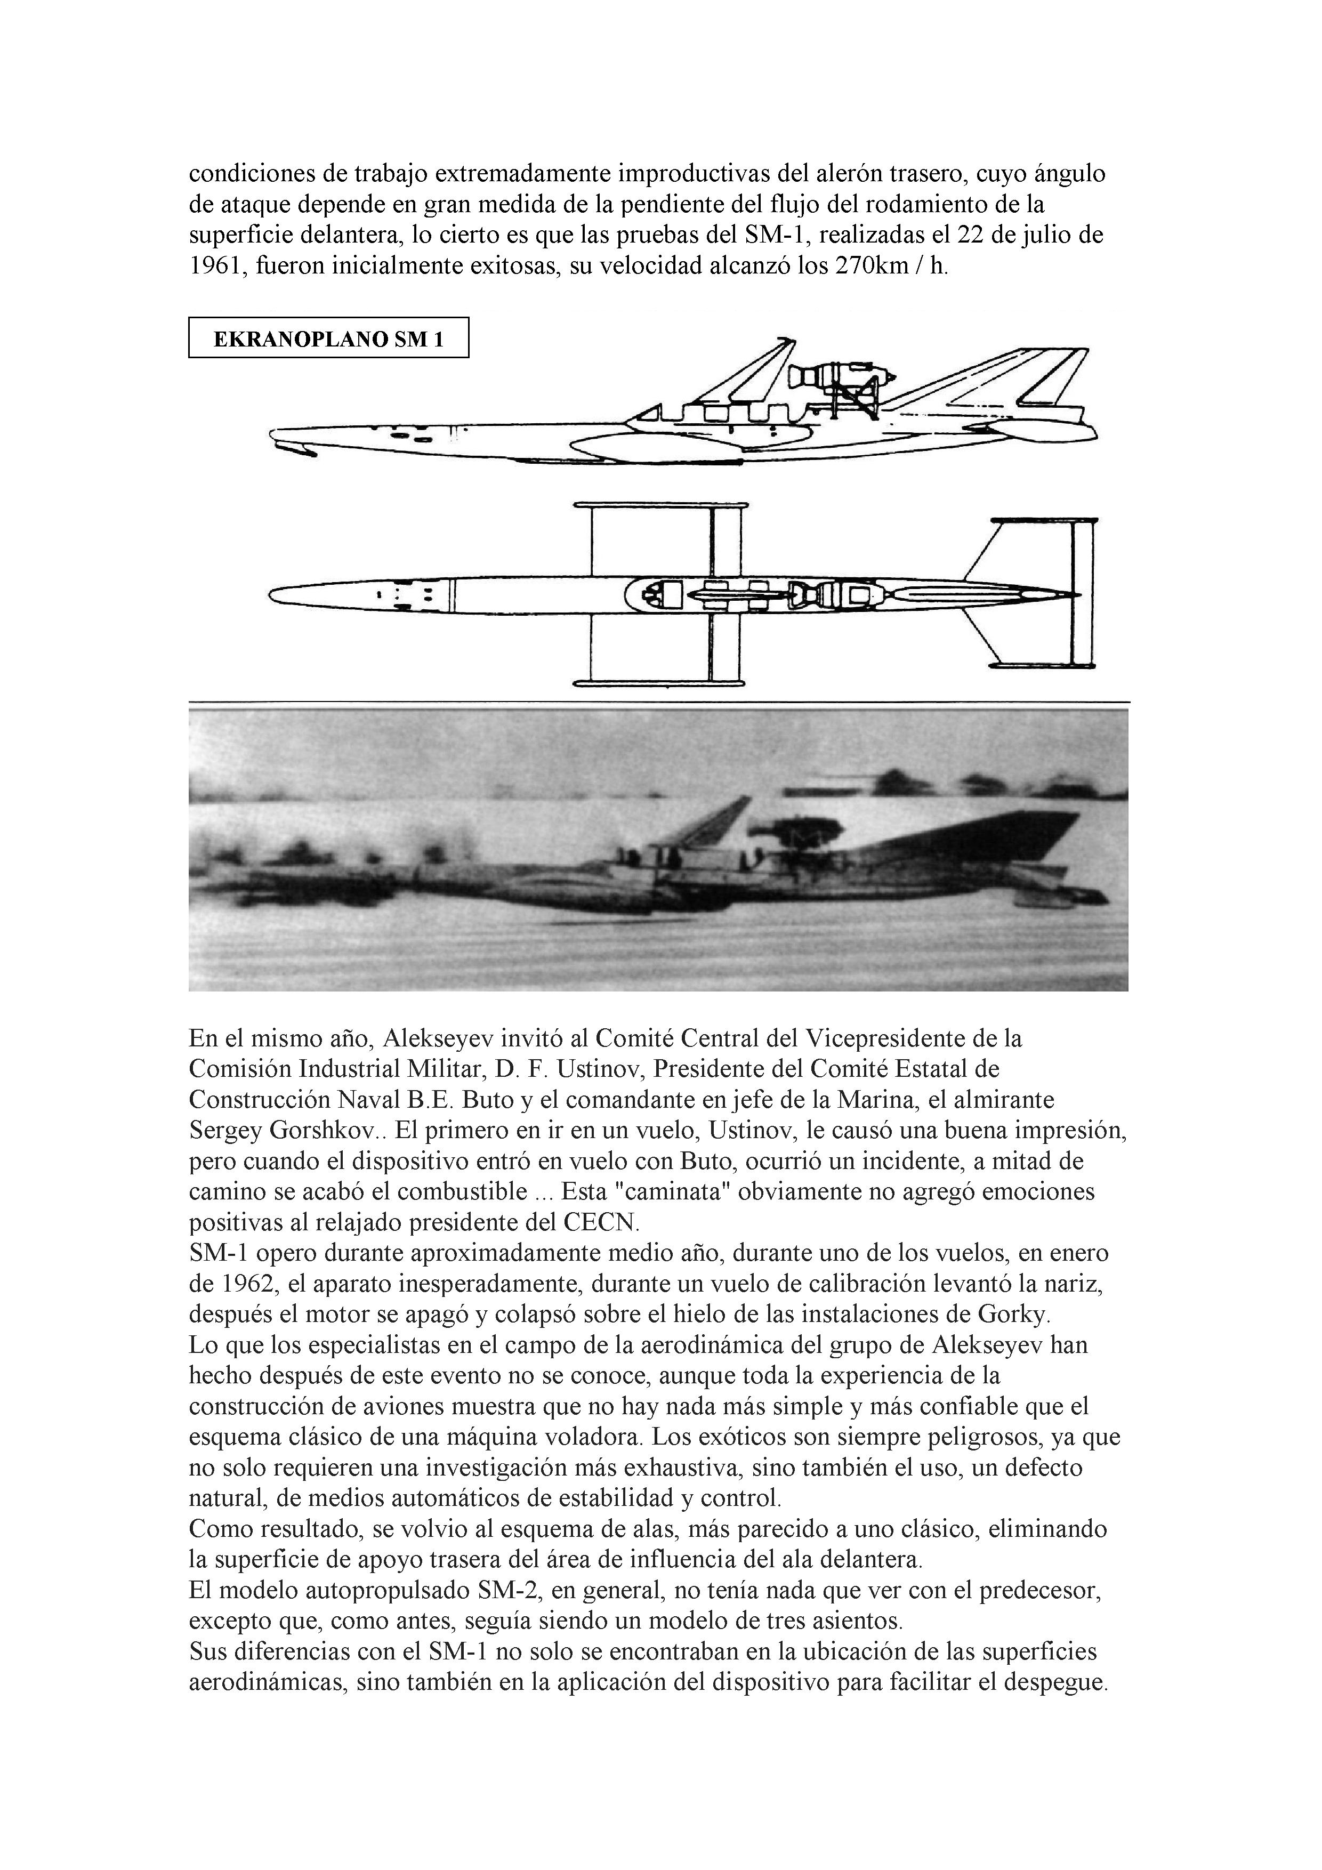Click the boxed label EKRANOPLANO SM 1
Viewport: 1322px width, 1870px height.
click(328, 338)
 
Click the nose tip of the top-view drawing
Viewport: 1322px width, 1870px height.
click(272, 593)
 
